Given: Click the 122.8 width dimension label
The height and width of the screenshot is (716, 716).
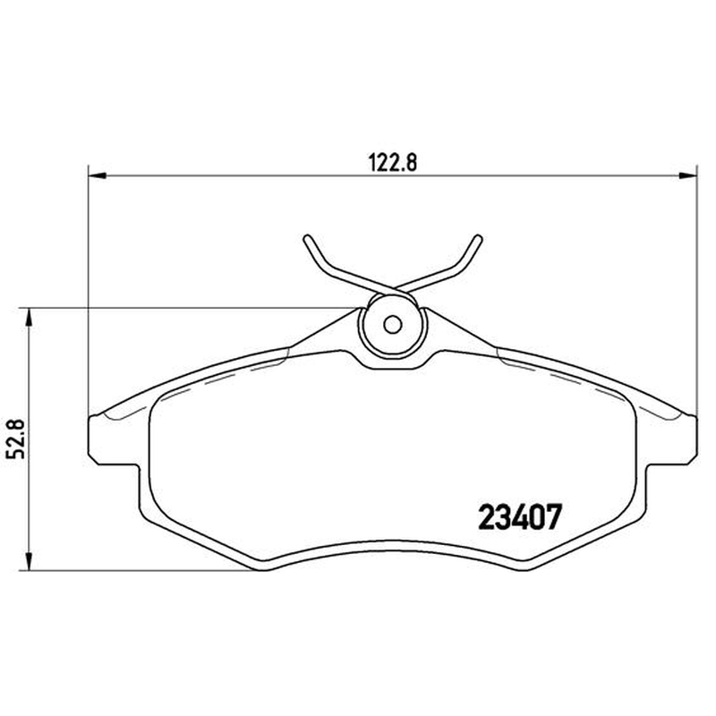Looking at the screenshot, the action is click(x=393, y=162).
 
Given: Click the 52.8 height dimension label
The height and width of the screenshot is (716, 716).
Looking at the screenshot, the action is click(x=17, y=439).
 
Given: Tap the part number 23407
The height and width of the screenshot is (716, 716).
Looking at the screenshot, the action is click(x=519, y=517).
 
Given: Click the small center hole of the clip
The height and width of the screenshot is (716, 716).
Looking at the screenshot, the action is click(x=392, y=325).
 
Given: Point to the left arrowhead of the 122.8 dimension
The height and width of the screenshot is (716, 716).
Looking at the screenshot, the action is click(x=97, y=175).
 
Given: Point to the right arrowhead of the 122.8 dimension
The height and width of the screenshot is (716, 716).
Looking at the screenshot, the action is click(x=687, y=175).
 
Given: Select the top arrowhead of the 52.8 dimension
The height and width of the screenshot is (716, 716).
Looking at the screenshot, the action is click(x=30, y=317).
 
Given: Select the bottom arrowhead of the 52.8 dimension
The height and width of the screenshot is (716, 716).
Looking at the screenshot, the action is click(x=30, y=562).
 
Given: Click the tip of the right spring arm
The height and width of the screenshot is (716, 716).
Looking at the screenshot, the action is click(x=478, y=238).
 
